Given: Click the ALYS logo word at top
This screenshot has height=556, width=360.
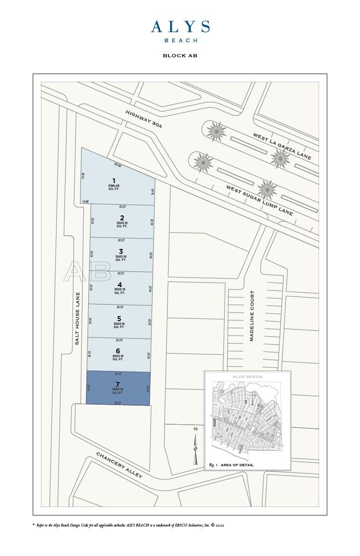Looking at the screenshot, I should [x=180, y=27].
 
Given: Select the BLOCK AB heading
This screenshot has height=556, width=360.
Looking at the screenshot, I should [x=180, y=56].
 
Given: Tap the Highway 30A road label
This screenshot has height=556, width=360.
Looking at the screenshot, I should [x=144, y=119].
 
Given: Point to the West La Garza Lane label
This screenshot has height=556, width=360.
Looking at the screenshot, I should [x=282, y=146].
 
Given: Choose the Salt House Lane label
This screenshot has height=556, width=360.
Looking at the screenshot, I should [x=78, y=318].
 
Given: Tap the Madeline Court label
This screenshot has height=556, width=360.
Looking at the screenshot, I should [x=252, y=316].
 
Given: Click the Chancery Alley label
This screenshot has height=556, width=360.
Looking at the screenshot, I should [x=119, y=465].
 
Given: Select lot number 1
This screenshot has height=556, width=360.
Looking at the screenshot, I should [x=114, y=181].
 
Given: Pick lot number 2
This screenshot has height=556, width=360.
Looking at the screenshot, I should [x=122, y=218].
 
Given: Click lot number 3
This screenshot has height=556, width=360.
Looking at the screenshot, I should [x=120, y=251].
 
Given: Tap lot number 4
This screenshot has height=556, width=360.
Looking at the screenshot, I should [x=120, y=285].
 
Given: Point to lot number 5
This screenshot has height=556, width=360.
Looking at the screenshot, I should [x=119, y=318].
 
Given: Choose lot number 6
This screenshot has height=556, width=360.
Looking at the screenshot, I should [x=118, y=351].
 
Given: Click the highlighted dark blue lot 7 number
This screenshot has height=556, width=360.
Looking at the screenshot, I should [x=117, y=384].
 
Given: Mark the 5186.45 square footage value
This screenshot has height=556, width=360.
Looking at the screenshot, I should [x=114, y=186].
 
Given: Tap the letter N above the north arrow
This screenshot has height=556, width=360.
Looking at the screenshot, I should [x=195, y=429].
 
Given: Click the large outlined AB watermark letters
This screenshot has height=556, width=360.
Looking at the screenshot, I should [x=87, y=272].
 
